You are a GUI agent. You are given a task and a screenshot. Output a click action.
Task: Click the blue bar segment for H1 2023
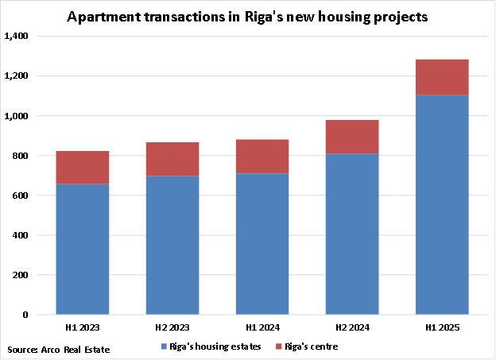coord(82,249)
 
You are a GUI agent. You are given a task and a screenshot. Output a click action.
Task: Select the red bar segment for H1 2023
coord(82,167)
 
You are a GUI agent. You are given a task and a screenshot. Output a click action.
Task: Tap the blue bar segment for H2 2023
coord(172,245)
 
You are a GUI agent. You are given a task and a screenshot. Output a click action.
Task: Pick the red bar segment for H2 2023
coord(172,159)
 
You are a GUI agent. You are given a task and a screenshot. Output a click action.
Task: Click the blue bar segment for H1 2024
coord(262,243)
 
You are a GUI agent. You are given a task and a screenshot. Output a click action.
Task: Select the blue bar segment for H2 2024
coord(351,234)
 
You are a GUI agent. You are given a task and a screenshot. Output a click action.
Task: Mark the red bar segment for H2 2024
coord(351,137)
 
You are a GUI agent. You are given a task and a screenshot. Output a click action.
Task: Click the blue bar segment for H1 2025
coord(441,204)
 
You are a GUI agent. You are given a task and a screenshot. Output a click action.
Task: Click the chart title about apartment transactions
coord(247,17)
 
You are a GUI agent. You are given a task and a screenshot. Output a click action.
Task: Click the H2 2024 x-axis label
coord(351,327)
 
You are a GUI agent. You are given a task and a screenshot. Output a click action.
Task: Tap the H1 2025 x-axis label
coord(441,327)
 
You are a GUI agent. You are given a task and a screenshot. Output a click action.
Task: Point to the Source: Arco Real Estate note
coord(59,349)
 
